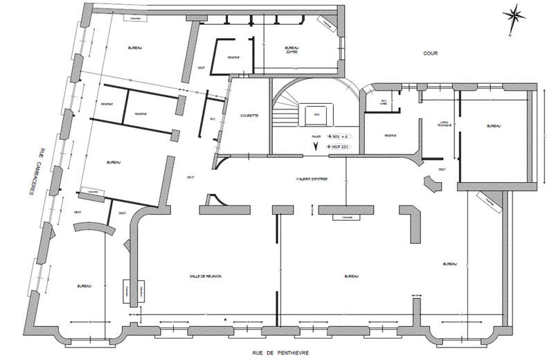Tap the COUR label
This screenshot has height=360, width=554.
(434, 53)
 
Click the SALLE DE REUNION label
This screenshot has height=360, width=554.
(205, 276)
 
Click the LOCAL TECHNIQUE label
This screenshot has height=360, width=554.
(444, 125)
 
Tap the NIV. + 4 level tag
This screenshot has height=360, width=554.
(339, 136)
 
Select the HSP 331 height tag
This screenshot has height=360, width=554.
(339, 147)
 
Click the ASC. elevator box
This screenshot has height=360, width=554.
(316, 116)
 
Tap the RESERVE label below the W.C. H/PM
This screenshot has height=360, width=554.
(388, 135)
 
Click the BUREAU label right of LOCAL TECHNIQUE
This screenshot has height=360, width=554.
(493, 126)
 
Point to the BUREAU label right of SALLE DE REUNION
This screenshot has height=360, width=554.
(350, 276)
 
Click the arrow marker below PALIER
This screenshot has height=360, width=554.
(316, 147)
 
